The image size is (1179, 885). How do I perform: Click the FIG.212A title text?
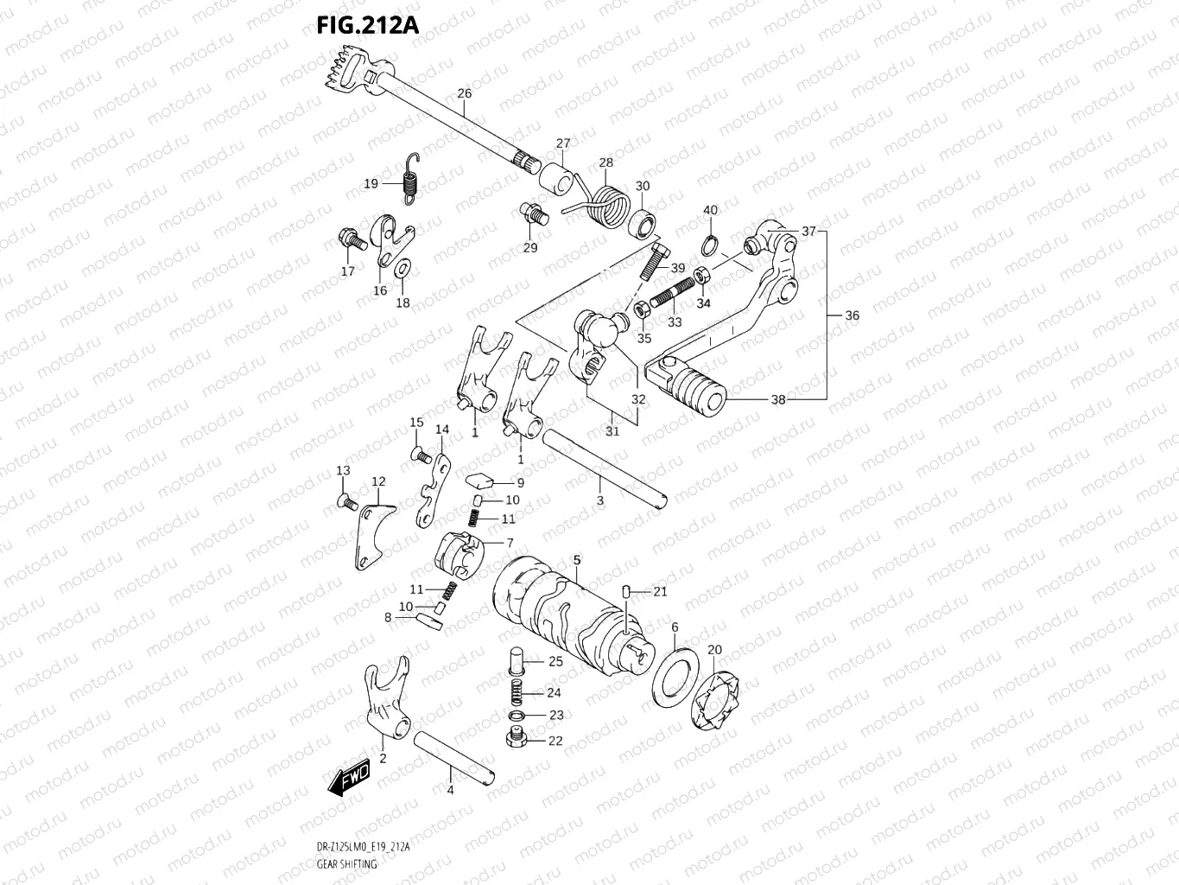tap(368, 25)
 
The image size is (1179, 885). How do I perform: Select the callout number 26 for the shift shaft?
tap(464, 94)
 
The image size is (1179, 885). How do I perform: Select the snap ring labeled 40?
tap(708, 245)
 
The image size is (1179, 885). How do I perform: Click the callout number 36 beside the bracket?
tap(852, 315)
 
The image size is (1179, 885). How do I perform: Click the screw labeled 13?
tap(345, 500)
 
